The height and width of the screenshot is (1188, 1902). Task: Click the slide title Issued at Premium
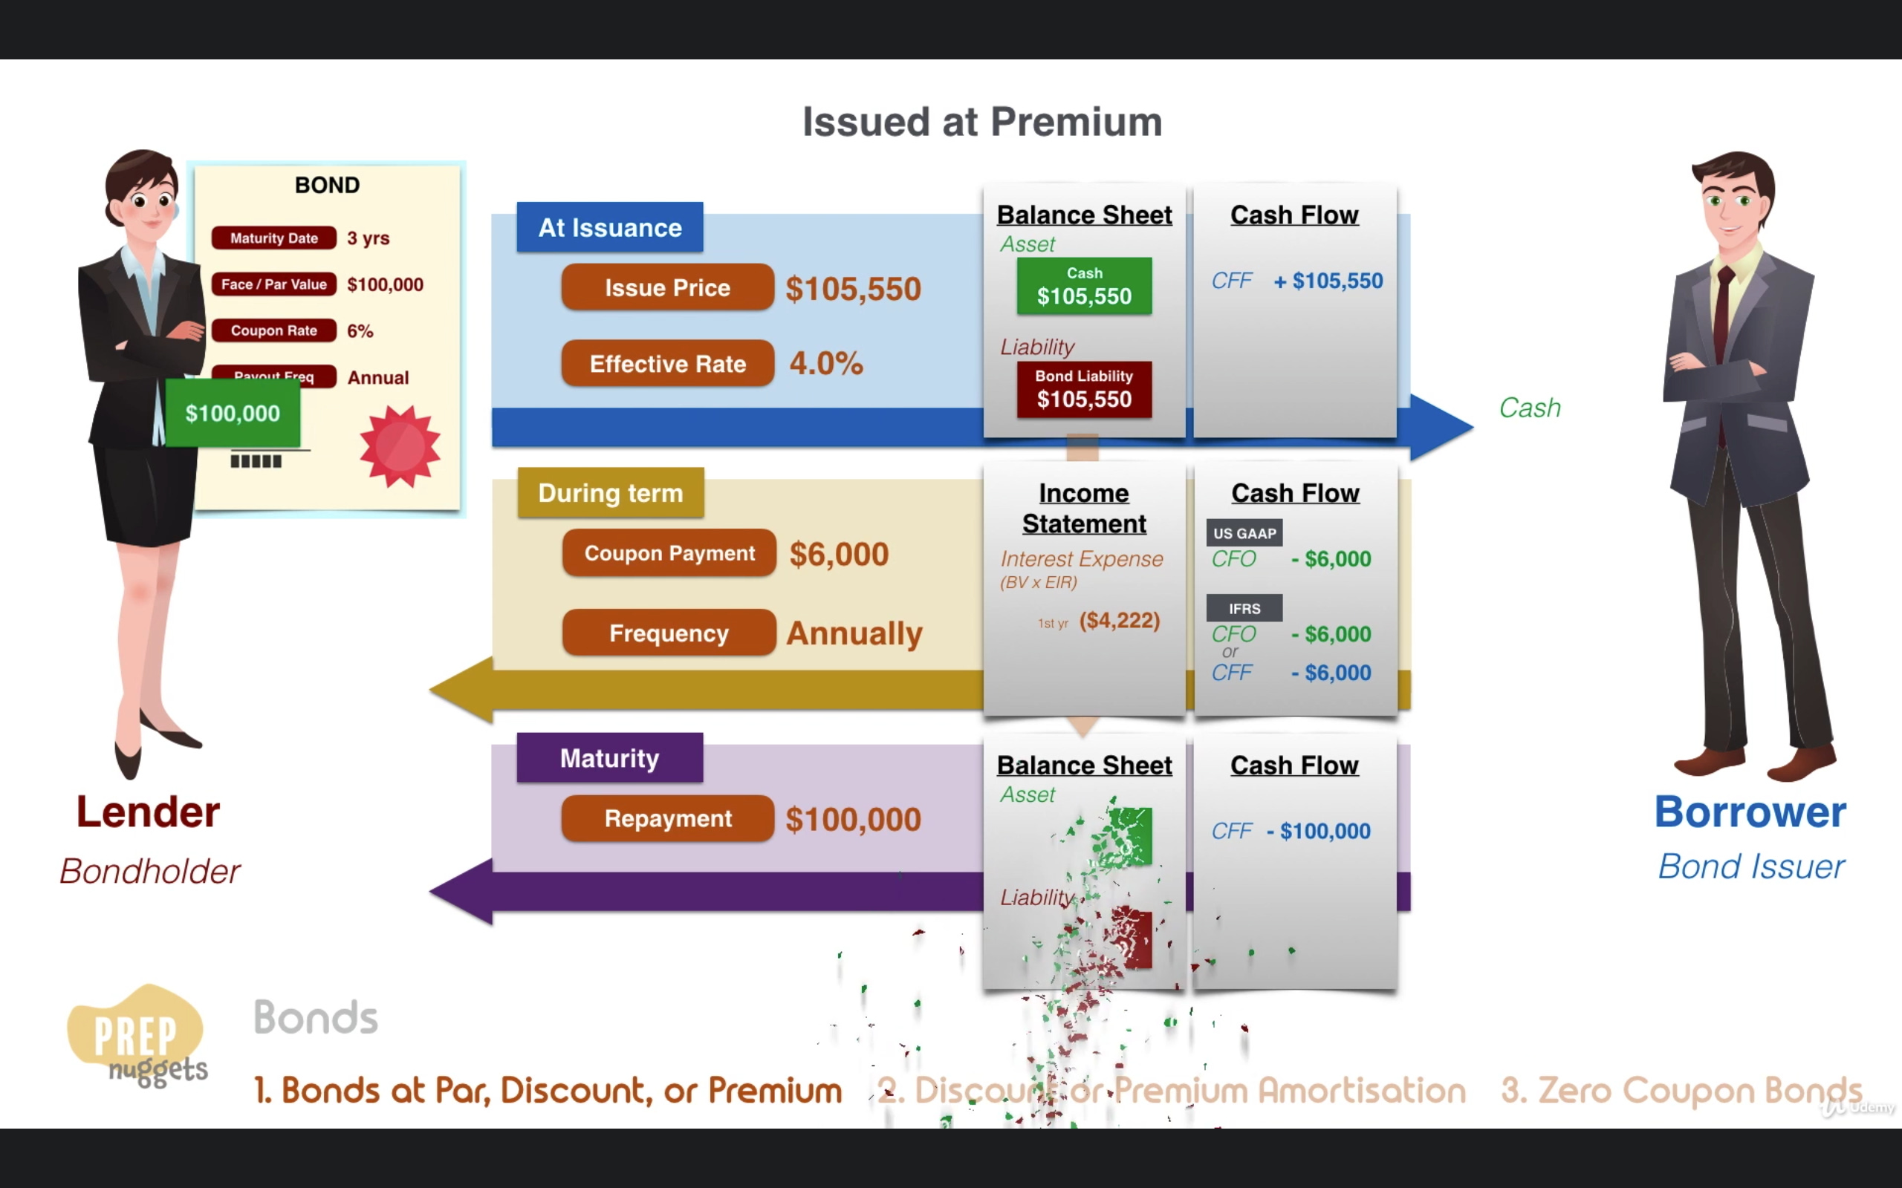coord(981,122)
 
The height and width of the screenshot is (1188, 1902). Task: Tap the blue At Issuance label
coord(610,227)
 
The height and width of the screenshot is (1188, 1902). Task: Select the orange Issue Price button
coord(667,287)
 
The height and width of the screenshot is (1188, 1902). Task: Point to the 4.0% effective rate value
coord(826,363)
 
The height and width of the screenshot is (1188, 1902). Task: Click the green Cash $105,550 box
coord(1084,286)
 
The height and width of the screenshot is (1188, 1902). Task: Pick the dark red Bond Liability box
coord(1084,389)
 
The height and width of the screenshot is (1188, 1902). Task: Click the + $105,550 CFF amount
coord(1328,281)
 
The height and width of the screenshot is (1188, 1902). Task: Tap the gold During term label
coord(611,492)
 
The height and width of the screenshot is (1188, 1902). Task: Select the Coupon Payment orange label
coord(669,553)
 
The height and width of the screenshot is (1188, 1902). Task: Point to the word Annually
coord(854,633)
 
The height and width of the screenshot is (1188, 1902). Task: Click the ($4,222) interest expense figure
coord(1119,621)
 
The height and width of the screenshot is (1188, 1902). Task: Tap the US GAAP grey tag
coord(1244,532)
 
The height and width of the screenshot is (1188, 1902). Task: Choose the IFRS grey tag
coord(1244,608)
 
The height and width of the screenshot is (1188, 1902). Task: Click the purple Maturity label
coord(610,757)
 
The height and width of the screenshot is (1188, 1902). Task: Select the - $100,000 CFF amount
coord(1319,831)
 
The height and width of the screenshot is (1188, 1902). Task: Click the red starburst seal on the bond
coord(400,446)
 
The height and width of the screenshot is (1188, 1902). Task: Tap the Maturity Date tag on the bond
coord(273,238)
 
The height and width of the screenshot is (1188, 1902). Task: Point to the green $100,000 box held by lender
coord(233,414)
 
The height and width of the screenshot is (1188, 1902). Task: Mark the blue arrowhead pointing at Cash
coord(1440,427)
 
